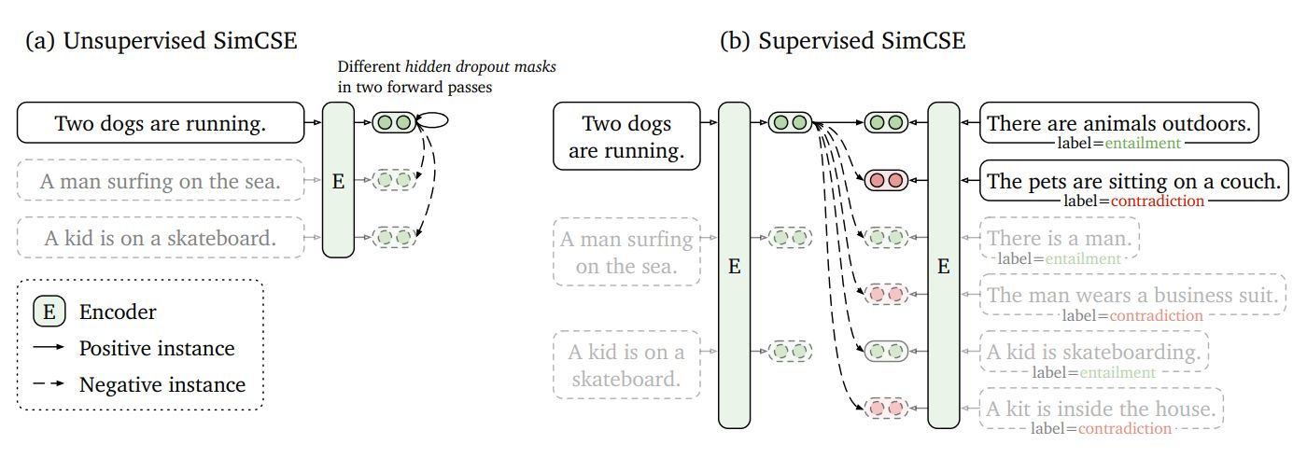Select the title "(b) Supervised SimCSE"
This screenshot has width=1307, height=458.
(843, 41)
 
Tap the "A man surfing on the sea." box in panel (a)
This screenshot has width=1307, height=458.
(161, 182)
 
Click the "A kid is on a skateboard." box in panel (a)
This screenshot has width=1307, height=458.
(161, 237)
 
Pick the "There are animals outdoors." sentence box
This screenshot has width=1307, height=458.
(1119, 122)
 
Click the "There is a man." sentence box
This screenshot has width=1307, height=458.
(1059, 239)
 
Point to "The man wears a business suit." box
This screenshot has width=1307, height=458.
(1132, 296)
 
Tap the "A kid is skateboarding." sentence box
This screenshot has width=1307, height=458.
(1093, 352)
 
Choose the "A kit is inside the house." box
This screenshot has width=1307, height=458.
(1101, 408)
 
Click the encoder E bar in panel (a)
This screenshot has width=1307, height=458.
(338, 181)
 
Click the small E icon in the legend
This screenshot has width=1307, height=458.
(49, 312)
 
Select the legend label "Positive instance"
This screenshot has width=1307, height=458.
(157, 348)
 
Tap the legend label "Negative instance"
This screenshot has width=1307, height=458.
(162, 384)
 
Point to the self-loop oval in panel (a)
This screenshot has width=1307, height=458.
(435, 120)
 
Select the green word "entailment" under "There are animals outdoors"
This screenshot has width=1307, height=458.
(1143, 144)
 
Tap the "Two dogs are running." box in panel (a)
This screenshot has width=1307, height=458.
(161, 122)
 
